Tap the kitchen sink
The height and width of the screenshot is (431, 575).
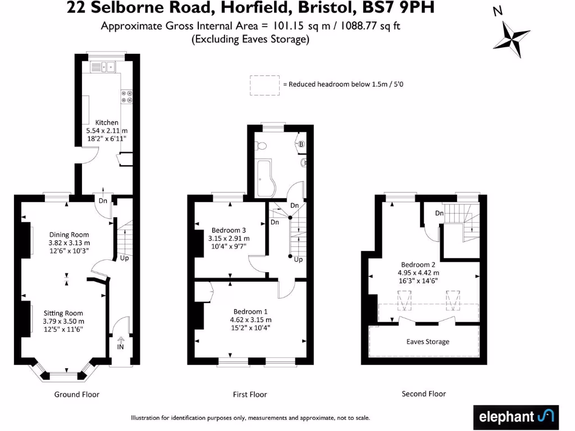pos(102,67)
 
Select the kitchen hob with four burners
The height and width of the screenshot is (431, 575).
pos(126,97)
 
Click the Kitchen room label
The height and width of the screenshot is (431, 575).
pos(107,122)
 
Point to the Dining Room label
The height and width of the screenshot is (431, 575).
pos(69,235)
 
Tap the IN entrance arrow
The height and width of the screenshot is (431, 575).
pos(120,342)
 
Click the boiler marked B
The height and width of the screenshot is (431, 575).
pos(300,144)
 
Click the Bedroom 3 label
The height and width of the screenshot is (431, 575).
pos(229,230)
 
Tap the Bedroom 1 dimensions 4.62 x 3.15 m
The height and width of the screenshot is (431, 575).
pos(250,320)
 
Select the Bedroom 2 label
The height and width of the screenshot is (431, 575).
pos(418,264)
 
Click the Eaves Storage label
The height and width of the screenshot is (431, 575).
pos(427,341)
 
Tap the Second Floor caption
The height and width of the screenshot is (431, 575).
pos(423,394)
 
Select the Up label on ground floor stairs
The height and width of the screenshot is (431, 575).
pos(124,259)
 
